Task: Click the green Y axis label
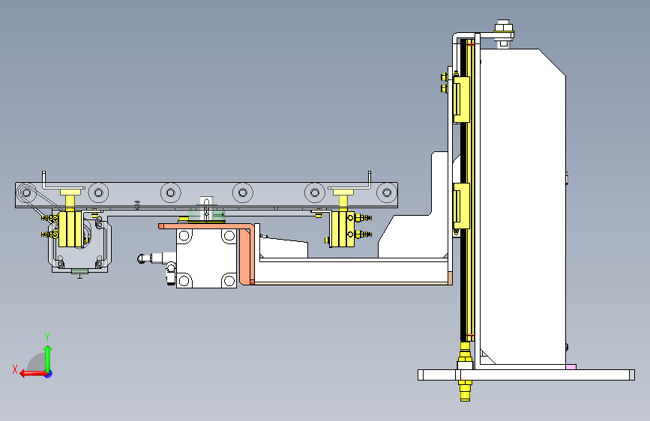(47, 336)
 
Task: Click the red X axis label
(15, 369)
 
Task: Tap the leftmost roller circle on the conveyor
(98, 193)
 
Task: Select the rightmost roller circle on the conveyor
(387, 193)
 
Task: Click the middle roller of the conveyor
(242, 193)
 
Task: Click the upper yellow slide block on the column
(461, 100)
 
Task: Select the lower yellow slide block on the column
(461, 206)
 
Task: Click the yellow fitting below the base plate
(465, 391)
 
